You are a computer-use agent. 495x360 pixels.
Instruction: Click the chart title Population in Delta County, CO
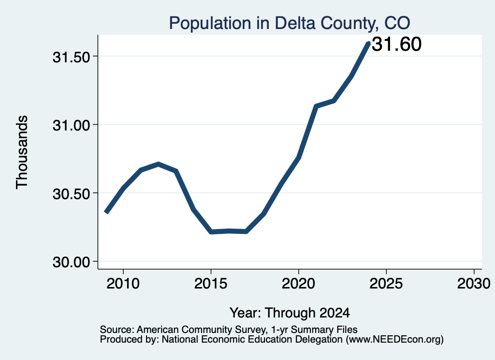coord(290,23)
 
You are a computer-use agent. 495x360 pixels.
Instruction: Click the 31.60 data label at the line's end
coord(396,44)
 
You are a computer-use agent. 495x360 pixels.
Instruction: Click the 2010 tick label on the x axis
coord(123,283)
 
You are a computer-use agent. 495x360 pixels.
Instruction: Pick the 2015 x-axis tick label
coord(211,283)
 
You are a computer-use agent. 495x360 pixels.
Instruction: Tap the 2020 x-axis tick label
coord(298,283)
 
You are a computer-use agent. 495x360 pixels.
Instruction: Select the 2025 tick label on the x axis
coord(386,283)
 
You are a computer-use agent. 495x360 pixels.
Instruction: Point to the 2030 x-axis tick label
coord(474,283)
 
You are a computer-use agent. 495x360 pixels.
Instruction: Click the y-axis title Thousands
coord(22,152)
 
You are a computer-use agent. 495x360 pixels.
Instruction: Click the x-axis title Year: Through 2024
coord(290,313)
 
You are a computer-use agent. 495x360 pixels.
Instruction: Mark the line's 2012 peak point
coord(159,164)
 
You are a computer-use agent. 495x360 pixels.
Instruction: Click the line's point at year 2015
coord(211,232)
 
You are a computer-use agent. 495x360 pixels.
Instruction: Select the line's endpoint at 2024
coord(368,43)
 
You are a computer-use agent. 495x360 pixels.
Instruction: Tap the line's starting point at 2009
coord(106,213)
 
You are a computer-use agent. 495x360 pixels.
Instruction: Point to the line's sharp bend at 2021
coord(316,106)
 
